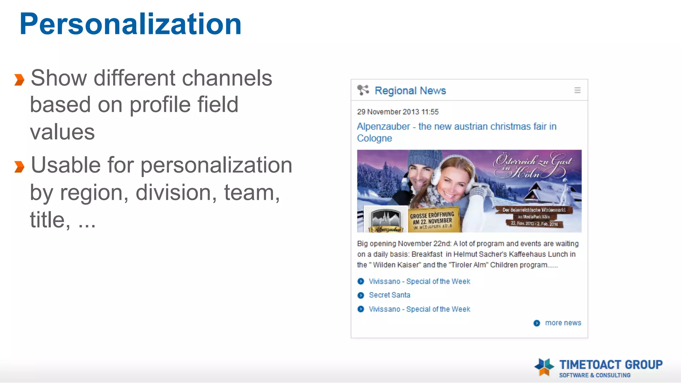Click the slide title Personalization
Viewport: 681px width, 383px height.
click(x=130, y=24)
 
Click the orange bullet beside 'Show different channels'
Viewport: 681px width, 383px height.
click(x=19, y=80)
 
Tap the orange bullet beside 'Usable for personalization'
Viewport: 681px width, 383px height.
click(x=19, y=167)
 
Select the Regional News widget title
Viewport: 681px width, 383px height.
click(x=410, y=90)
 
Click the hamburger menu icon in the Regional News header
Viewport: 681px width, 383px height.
click(x=577, y=90)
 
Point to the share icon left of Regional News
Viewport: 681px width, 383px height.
click(x=363, y=90)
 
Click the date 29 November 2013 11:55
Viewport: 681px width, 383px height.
click(x=398, y=112)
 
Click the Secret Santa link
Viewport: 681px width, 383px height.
click(x=389, y=295)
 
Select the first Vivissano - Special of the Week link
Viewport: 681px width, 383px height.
click(x=419, y=281)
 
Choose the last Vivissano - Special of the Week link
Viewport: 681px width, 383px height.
click(x=419, y=309)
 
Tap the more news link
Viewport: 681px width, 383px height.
click(x=563, y=323)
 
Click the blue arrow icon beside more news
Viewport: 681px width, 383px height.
click(x=537, y=323)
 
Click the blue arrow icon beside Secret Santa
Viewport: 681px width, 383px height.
click(x=361, y=295)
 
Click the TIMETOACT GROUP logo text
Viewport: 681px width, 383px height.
click(x=611, y=365)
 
